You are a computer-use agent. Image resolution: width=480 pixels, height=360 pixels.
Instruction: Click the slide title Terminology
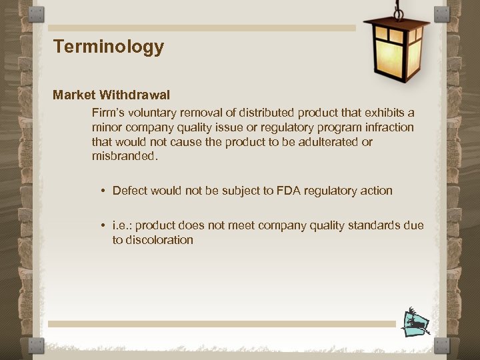pos(108,47)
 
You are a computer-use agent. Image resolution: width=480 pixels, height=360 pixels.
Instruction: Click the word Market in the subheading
pos(74,95)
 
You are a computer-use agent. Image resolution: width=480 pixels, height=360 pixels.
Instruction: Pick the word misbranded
pos(125,157)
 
